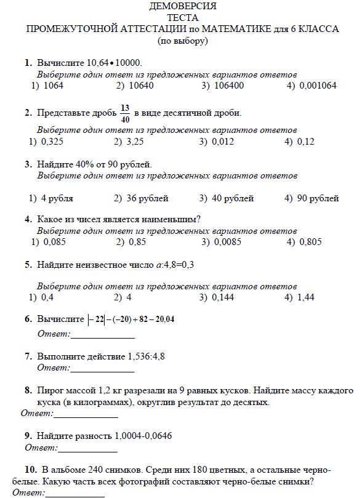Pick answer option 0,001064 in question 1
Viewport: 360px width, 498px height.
click(x=318, y=86)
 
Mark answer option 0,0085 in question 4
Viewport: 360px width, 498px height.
click(x=228, y=242)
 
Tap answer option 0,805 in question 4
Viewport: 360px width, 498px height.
click(x=310, y=242)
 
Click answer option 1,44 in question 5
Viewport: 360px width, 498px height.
click(x=305, y=297)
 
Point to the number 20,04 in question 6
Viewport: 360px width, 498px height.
click(x=164, y=319)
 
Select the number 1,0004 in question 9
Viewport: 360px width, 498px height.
click(x=128, y=435)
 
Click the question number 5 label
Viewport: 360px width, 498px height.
click(x=28, y=265)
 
